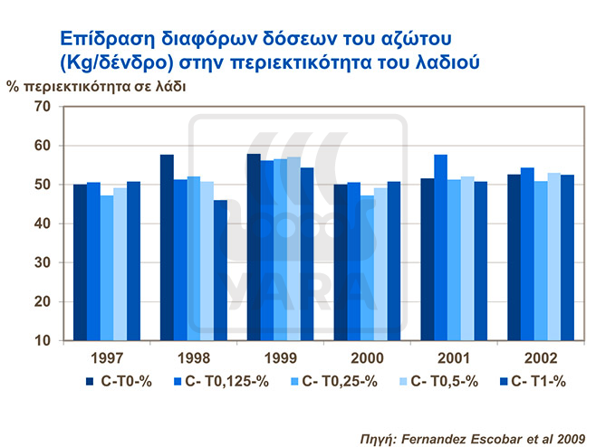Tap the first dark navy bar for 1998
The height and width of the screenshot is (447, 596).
point(167,248)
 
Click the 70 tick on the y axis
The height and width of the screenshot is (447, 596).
point(42,107)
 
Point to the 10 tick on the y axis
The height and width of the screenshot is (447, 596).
point(42,341)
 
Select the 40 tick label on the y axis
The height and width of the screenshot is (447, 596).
point(42,223)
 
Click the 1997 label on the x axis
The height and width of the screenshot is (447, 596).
point(106,357)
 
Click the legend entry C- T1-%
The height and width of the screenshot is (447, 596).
point(536,381)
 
